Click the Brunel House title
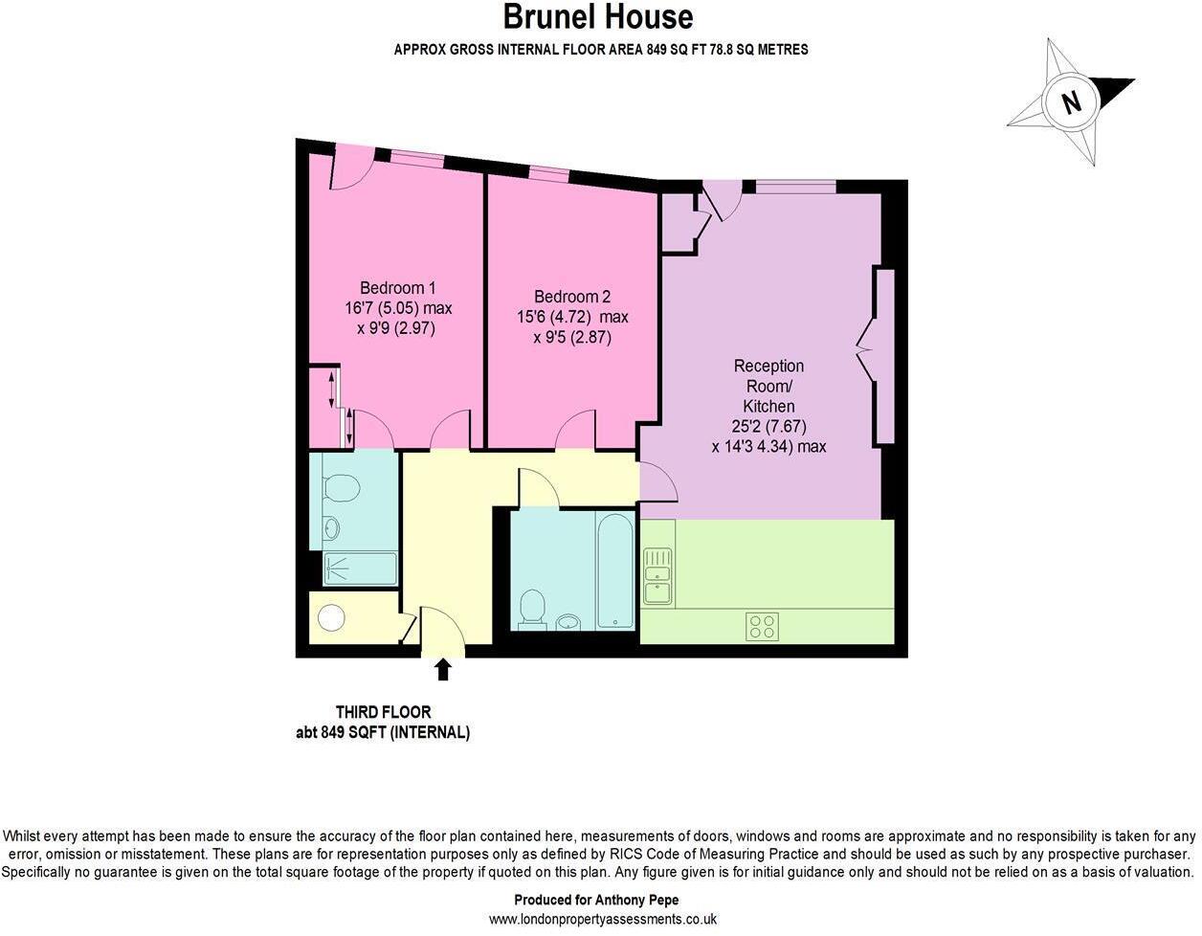tap(600, 17)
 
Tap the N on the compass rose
tap(1071, 101)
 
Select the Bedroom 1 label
tap(397, 287)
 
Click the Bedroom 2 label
tap(571, 297)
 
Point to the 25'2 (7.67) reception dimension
tap(768, 427)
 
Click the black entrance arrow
tap(443, 668)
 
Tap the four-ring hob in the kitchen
tap(763, 627)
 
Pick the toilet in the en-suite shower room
tap(341, 488)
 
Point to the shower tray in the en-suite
tap(360, 568)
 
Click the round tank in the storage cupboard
tap(331, 619)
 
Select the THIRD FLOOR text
tap(383, 712)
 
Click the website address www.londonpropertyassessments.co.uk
tap(602, 919)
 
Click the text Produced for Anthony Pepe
tap(602, 900)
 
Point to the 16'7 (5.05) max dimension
tap(398, 308)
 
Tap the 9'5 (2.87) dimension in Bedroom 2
tap(571, 337)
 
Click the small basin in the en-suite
tap(330, 527)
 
